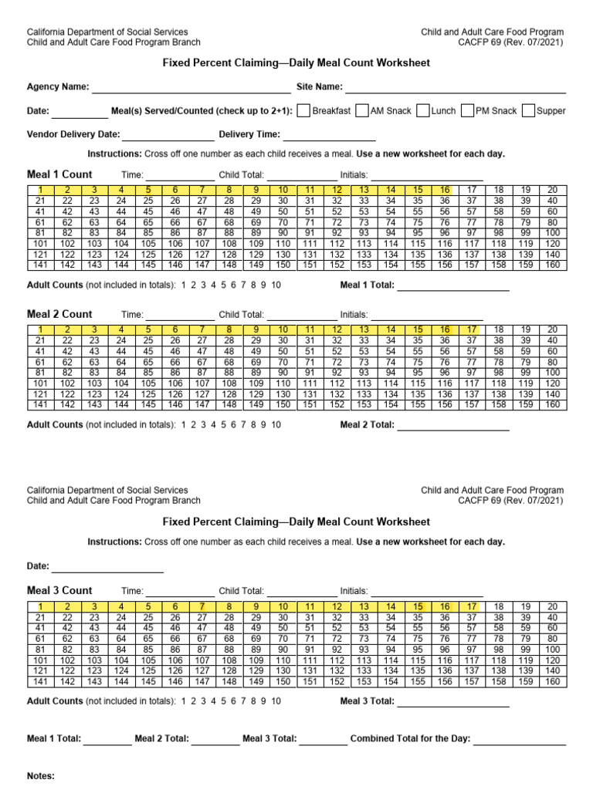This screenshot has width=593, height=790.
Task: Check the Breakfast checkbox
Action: coord(303,111)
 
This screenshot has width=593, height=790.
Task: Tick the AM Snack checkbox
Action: coord(362,111)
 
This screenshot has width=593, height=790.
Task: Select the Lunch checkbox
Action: coord(422,111)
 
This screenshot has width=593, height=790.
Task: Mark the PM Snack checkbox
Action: coord(467,111)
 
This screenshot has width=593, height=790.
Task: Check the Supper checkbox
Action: coord(528,111)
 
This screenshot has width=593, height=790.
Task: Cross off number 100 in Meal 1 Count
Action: coord(552,233)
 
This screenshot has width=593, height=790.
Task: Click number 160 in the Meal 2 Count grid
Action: coord(552,404)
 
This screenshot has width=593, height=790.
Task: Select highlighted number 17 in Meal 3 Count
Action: coord(471,607)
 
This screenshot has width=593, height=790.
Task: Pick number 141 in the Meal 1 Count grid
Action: coord(41,265)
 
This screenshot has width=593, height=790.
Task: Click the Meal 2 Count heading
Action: coord(59,314)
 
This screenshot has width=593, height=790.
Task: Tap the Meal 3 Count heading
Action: coord(59,591)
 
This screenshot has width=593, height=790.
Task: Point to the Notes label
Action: coord(40,775)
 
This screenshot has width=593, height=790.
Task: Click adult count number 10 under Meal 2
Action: coord(276,424)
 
